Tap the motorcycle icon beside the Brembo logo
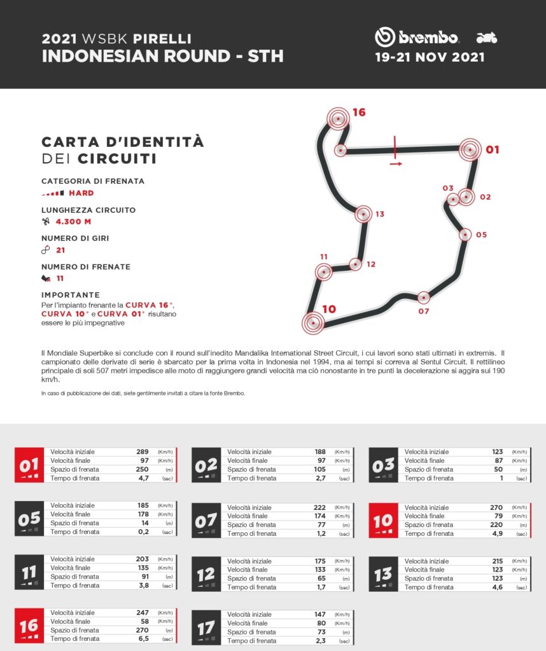(487, 38)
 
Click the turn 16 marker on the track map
(339, 118)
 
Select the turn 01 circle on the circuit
(470, 150)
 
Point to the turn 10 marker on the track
(312, 322)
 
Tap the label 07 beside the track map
(424, 311)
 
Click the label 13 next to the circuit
(380, 214)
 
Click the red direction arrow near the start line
(396, 163)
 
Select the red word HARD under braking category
(81, 193)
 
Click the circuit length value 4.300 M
(73, 222)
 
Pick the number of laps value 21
(60, 250)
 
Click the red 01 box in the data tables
(29, 465)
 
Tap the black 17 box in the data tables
(206, 627)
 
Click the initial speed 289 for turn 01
(142, 452)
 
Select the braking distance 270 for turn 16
(142, 629)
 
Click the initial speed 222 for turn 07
(319, 507)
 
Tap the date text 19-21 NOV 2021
(430, 57)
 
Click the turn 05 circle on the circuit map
(465, 235)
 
